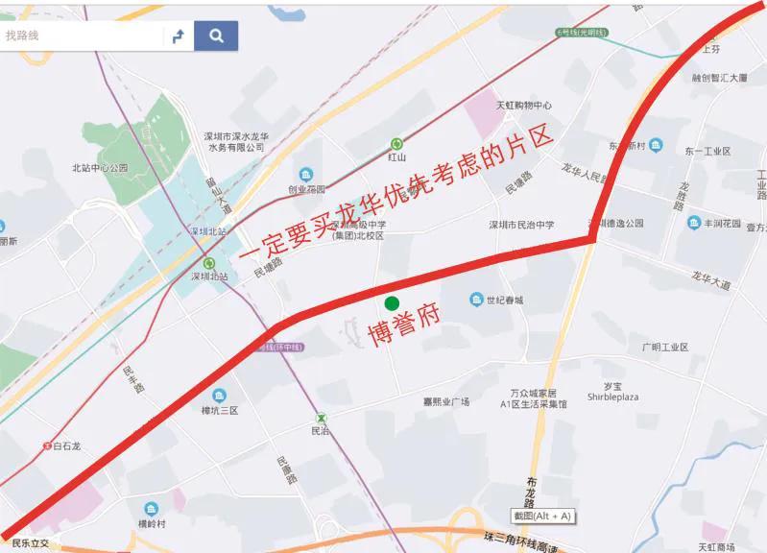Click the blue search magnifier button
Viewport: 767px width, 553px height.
tap(216, 36)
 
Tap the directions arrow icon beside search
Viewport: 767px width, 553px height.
tap(178, 36)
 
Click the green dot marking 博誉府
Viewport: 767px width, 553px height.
tap(392, 303)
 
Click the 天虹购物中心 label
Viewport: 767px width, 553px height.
tap(524, 106)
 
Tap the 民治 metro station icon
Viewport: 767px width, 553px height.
tap(322, 418)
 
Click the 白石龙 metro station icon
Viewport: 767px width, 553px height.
tap(46, 445)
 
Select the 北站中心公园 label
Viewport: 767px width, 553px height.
tap(100, 168)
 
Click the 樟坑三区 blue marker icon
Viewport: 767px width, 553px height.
tap(219, 396)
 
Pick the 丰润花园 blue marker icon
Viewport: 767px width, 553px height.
tap(693, 223)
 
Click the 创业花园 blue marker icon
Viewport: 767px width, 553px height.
tap(306, 174)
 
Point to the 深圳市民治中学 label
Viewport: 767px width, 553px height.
tap(523, 226)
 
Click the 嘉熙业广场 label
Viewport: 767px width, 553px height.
tap(446, 401)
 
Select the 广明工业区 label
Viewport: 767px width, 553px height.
tap(664, 347)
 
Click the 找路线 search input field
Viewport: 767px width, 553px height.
tap(82, 36)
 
